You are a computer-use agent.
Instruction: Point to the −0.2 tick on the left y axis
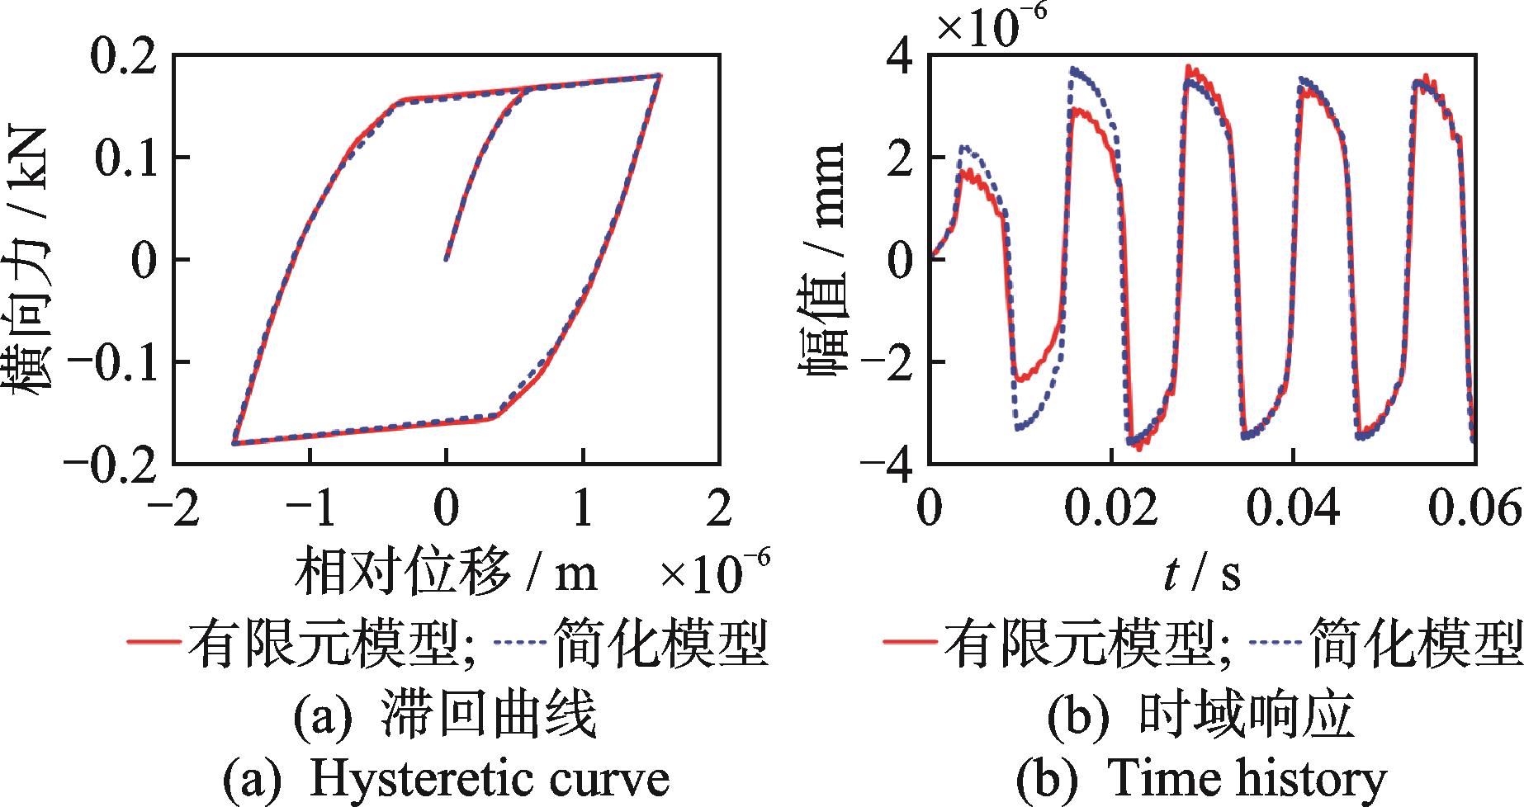111,462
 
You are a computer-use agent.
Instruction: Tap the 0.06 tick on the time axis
1475,510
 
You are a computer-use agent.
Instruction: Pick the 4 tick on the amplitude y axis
900,56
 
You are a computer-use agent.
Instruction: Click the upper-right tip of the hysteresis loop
660,75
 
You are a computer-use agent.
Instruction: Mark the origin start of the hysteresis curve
447,259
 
